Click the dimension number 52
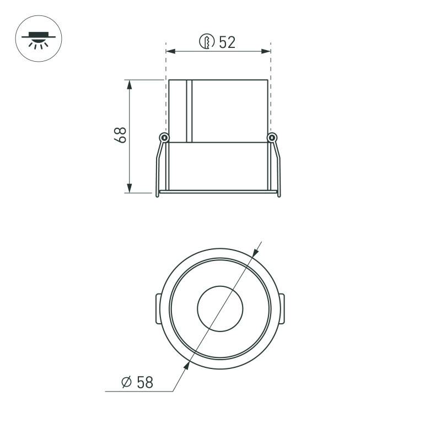227,42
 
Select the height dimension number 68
120,135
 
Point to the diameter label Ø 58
137,382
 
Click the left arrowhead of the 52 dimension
170,52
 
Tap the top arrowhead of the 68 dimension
130,84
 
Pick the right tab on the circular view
283,308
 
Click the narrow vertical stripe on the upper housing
189,110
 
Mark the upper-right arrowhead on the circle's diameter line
255,252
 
